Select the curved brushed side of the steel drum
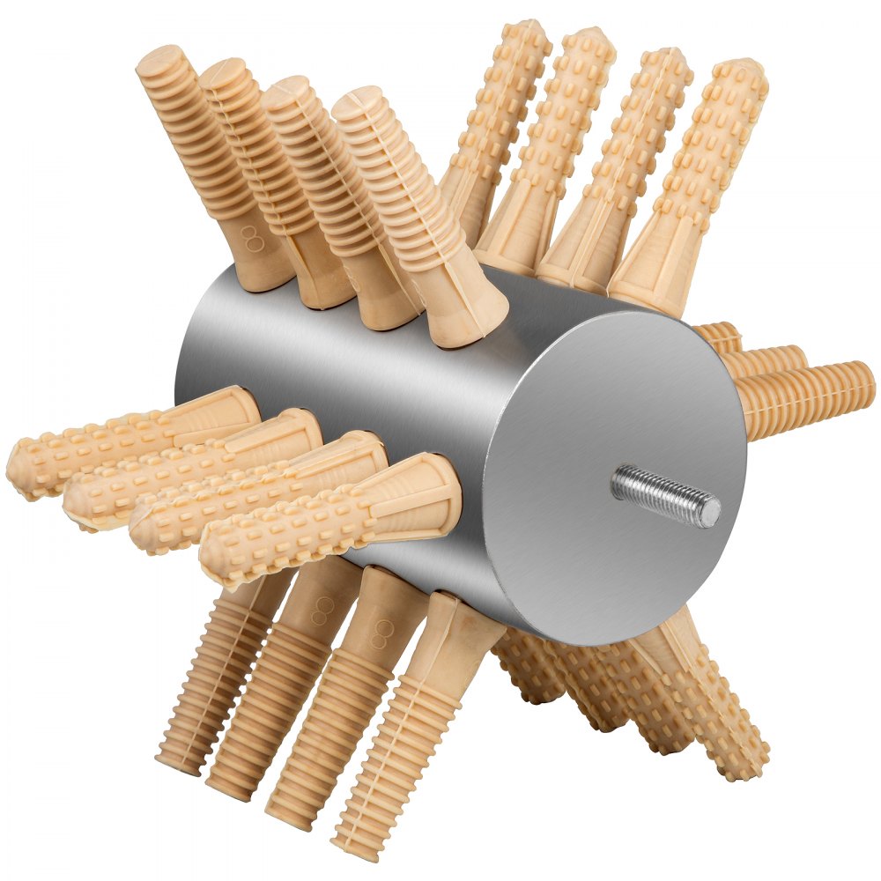(352, 370)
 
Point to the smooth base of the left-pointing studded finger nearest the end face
(423, 493)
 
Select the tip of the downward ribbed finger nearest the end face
(357, 844)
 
